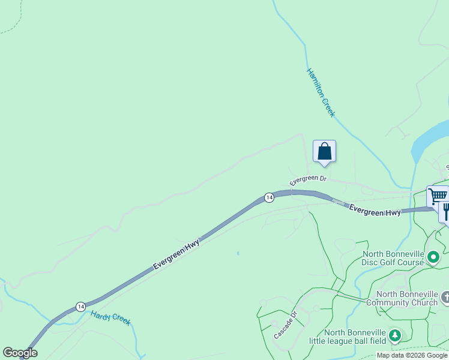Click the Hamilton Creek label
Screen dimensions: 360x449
tap(321, 92)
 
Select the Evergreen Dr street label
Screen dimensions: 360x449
tap(307, 179)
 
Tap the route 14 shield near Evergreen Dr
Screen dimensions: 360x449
tap(269, 197)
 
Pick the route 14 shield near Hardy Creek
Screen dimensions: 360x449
tap(80, 307)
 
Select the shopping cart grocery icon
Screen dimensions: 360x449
tap(438, 196)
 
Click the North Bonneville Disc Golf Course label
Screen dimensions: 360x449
tap(393, 257)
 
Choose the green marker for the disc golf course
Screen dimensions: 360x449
tap(433, 257)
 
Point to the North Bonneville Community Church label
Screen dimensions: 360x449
tap(406, 298)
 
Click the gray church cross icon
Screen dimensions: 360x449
tap(445, 297)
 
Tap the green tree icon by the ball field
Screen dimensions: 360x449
tap(394, 335)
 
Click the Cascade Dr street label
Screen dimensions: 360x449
tap(286, 325)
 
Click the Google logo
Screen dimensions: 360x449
tap(20, 353)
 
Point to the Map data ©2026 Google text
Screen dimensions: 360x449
tap(411, 355)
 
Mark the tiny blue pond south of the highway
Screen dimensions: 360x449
tap(238, 254)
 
